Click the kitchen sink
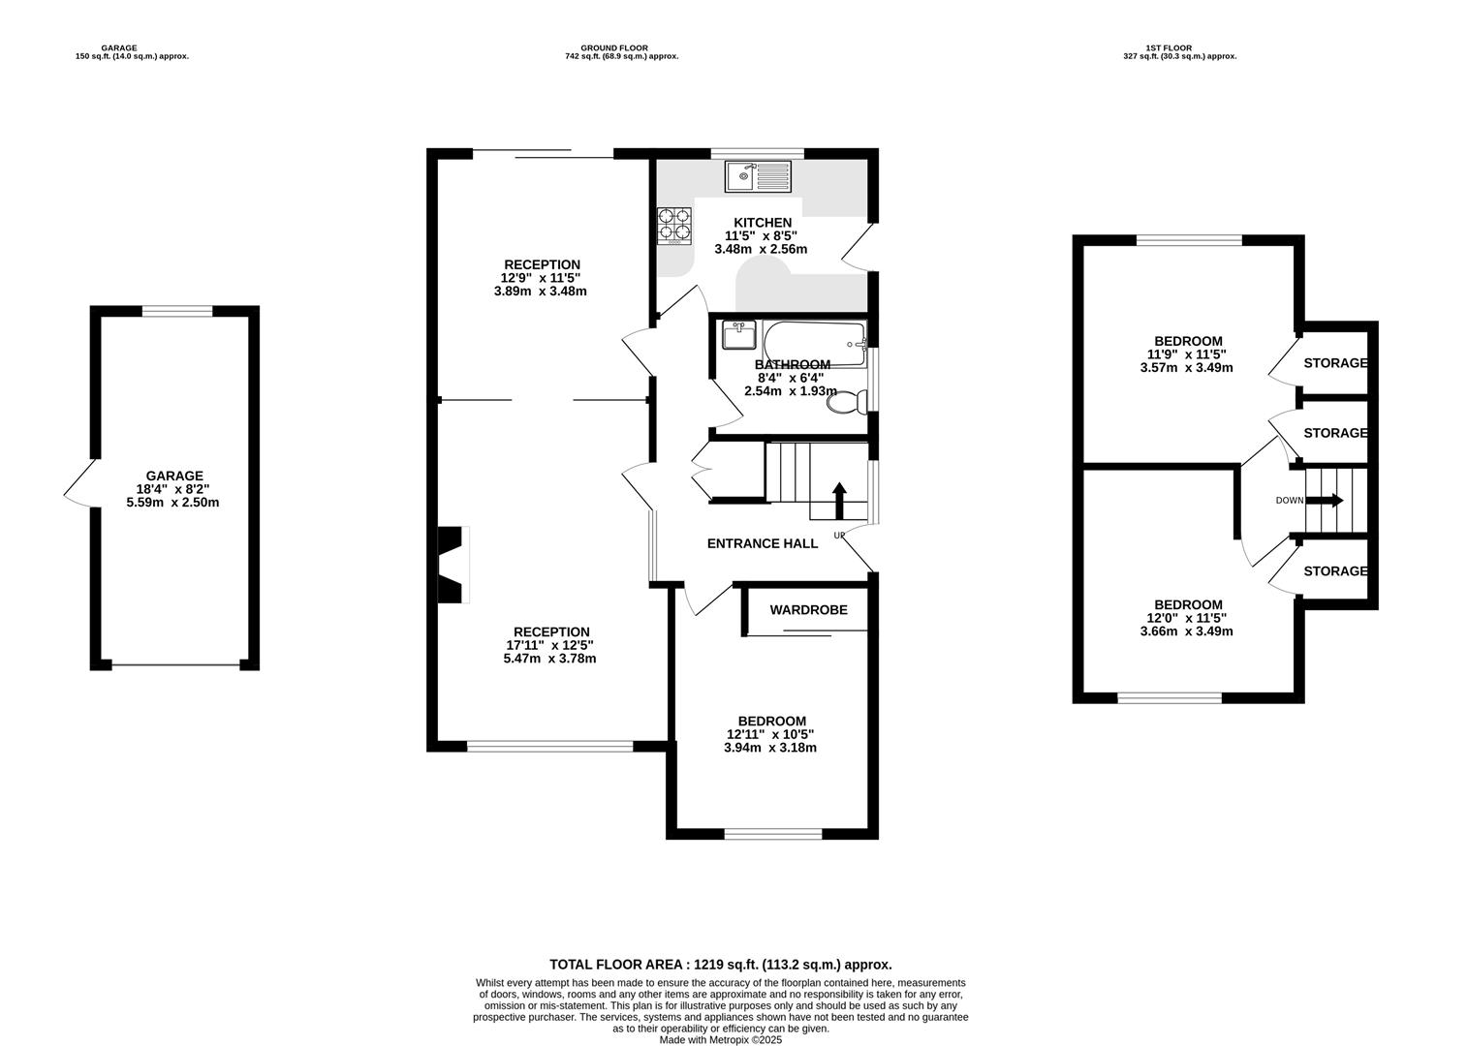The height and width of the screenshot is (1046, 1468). coord(758,177)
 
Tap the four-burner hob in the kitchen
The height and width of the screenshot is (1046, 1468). coord(674,227)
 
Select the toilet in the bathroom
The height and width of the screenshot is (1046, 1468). coord(847,402)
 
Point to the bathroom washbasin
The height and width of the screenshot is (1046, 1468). coord(739,335)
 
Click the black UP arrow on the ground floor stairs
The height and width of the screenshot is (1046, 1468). coord(839,501)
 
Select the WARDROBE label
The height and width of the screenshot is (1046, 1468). coord(809,610)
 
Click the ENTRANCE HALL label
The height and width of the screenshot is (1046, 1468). coord(763,543)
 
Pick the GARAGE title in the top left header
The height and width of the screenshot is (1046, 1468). coord(119,47)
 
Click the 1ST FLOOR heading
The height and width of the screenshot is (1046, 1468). coord(1170,47)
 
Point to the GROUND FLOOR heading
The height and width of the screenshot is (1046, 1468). coord(614,47)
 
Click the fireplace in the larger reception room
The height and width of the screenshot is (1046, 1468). coord(453,565)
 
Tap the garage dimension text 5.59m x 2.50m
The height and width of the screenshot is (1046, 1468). coord(173,503)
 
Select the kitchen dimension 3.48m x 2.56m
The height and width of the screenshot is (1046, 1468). coord(761,250)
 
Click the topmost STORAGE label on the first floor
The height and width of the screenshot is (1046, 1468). coord(1335,363)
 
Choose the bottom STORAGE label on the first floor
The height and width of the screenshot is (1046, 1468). coord(1335,571)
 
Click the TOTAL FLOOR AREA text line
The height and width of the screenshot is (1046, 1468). coord(721,965)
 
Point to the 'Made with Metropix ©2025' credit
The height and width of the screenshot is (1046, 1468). coord(721,1040)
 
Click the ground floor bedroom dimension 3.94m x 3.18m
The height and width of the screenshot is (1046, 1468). coord(770,748)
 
